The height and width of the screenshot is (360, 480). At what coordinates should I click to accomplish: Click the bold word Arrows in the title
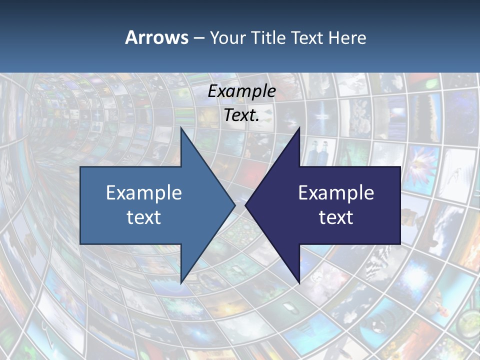pos(156,37)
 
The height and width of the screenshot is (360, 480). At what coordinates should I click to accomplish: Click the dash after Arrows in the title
pos(198,38)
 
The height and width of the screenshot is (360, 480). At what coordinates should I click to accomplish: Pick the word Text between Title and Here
pos(307,37)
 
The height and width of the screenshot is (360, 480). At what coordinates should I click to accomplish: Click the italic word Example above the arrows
pos(241,91)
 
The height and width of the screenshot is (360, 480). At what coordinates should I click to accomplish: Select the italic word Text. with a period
pos(241,115)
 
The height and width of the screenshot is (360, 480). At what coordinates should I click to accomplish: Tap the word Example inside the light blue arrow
pos(144,193)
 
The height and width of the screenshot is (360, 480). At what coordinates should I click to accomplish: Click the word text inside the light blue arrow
pos(144,217)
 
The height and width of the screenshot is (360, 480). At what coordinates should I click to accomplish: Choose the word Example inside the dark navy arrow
pos(336,193)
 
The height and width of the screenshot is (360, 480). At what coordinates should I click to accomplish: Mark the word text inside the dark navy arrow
pos(336,217)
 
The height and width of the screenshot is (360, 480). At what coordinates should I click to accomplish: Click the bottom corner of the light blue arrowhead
pos(181,282)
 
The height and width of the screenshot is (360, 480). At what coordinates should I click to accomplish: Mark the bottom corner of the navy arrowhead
pos(299,282)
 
